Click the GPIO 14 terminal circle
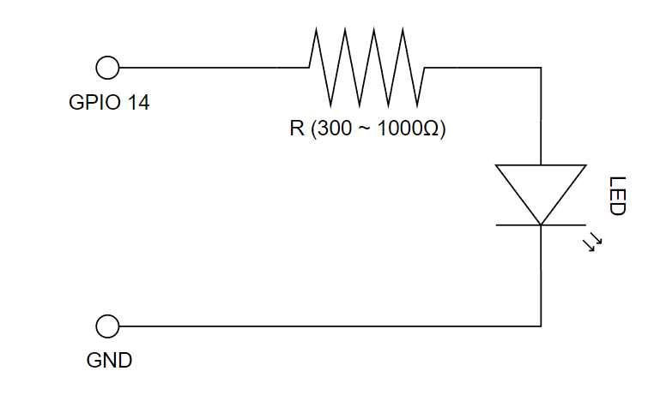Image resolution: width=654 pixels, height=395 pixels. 107,67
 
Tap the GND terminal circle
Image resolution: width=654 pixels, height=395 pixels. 107,326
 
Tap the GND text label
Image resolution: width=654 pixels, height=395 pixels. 109,360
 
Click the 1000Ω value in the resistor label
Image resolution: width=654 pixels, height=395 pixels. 409,129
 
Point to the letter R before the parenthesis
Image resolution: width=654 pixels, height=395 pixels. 296,129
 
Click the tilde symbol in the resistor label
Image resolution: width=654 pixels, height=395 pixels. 363,129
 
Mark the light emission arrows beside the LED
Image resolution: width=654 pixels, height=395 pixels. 592,242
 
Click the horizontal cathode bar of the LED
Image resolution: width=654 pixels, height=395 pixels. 541,225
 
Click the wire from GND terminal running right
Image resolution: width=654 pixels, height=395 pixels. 326,326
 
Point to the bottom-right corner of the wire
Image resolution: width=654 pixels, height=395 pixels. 541,326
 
